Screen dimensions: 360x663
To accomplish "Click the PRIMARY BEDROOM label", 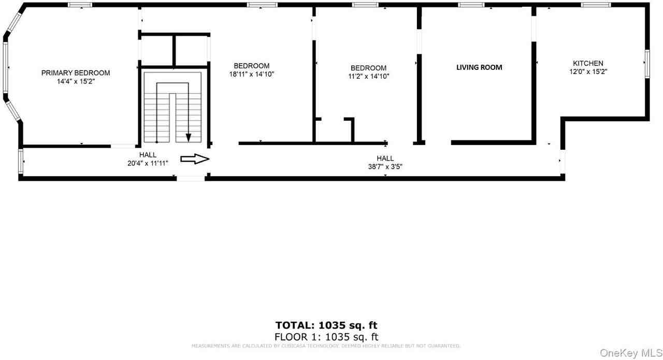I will (76, 73).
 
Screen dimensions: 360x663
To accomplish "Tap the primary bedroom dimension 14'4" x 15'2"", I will (76, 81).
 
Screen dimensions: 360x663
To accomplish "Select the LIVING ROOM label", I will (479, 67).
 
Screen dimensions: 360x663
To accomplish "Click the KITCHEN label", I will (588, 63).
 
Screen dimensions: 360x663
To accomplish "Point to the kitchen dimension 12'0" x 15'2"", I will (588, 72).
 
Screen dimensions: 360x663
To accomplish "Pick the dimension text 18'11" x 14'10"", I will (251, 74).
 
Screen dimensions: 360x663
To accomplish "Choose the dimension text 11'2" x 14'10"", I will (368, 76).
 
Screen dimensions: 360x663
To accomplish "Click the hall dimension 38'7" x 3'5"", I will (385, 167).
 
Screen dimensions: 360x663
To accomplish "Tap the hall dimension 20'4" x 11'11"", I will (148, 163).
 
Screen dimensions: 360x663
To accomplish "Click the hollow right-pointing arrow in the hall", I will (194, 159).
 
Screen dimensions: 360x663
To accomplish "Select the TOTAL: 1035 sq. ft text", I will (326, 325).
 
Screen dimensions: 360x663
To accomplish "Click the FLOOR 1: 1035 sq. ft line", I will (326, 337).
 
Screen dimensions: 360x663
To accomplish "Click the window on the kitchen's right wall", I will (647, 64).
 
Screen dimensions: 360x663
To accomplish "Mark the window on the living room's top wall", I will (471, 5).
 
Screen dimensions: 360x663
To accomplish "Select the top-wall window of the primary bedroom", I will (80, 5).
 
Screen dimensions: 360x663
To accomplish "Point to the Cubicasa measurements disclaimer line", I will (326, 345).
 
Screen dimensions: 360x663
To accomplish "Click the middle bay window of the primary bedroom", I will (6, 67).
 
